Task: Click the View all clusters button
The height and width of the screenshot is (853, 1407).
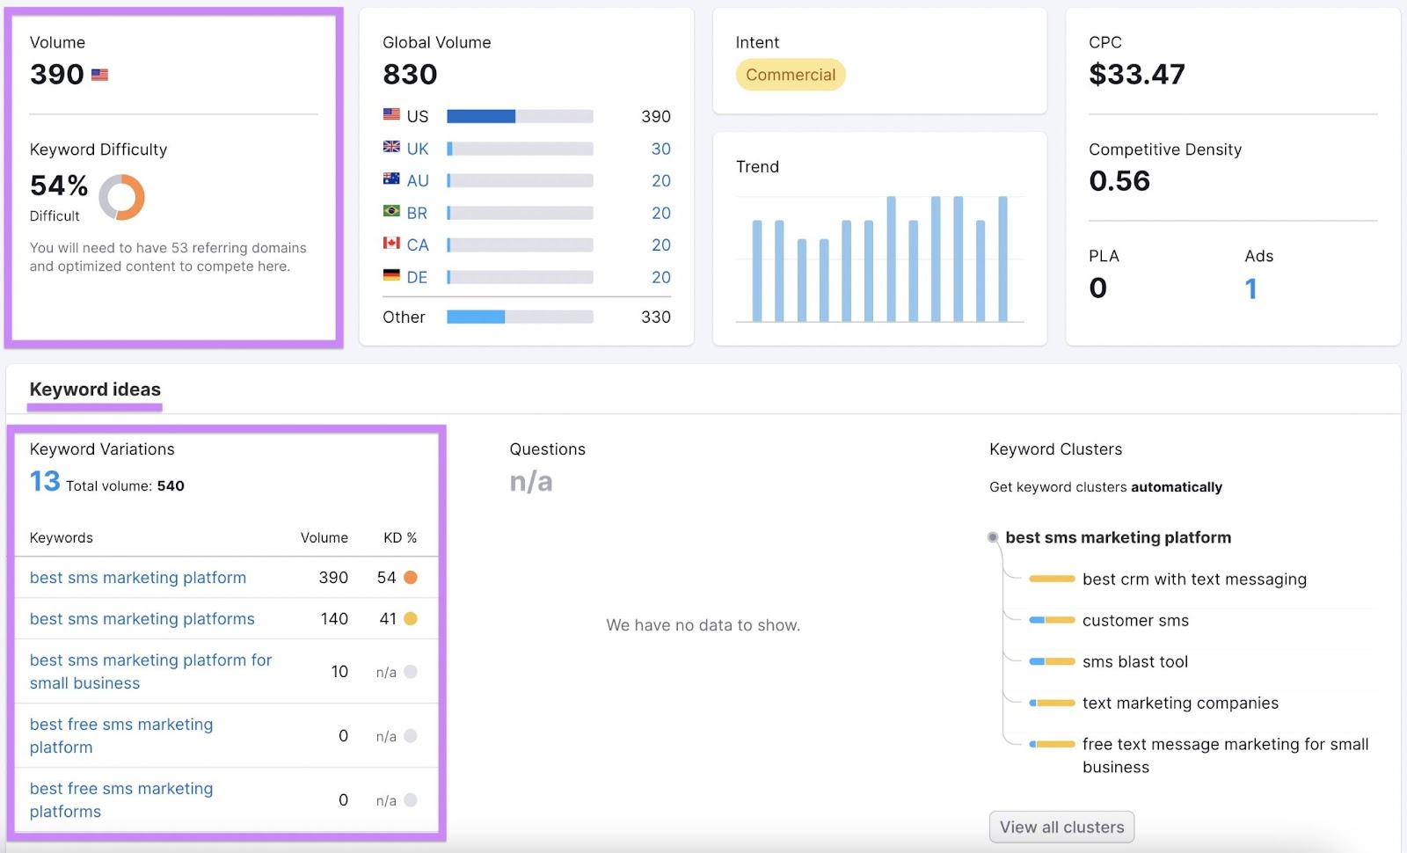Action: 1061,827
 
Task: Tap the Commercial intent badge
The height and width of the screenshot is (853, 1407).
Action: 791,75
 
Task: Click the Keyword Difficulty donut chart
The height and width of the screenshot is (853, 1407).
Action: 121,197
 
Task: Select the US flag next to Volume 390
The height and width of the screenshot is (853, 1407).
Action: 99,75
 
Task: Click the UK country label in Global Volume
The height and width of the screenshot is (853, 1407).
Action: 418,149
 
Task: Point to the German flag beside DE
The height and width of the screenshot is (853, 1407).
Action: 391,275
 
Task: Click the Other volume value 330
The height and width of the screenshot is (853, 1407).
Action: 655,317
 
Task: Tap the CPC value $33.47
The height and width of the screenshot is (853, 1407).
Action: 1136,75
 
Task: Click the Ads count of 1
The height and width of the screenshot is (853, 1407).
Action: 1250,288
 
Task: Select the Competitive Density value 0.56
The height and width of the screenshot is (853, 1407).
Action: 1119,181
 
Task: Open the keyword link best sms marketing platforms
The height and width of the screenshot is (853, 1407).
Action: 142,619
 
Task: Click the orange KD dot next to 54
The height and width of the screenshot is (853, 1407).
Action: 410,578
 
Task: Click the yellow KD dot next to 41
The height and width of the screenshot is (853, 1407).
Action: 410,619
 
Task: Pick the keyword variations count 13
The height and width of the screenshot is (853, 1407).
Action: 45,482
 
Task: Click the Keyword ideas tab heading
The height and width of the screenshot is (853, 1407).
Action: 95,390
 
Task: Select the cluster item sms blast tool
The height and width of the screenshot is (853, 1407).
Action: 1134,662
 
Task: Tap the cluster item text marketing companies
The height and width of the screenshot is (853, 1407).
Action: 1179,704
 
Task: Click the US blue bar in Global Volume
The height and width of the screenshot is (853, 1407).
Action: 481,116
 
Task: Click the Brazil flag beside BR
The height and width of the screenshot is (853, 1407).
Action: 391,211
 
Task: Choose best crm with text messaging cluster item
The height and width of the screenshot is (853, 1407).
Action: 1193,580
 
